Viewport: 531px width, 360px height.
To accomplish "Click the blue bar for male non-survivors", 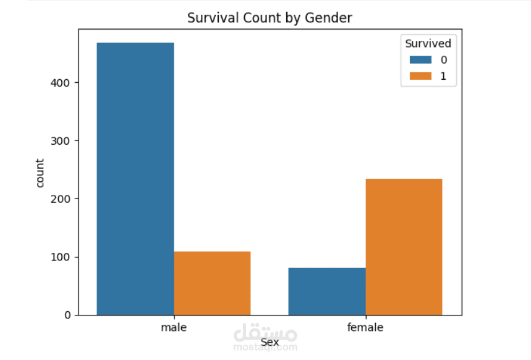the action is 135,179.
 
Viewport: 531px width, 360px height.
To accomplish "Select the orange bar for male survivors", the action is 212,283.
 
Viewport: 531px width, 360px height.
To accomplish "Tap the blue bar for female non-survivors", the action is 327,291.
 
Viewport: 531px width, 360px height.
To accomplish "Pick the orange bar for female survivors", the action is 404,247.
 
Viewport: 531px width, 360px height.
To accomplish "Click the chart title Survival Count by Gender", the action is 270,18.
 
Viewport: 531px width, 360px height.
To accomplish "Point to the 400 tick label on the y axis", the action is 61,83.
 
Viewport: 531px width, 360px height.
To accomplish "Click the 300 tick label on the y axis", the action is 61,140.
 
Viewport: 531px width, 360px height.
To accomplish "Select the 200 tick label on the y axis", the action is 61,199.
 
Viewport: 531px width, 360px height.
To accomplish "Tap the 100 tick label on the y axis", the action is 61,257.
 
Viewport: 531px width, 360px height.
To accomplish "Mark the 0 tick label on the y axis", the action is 67,315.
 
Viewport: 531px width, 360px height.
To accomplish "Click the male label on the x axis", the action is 174,327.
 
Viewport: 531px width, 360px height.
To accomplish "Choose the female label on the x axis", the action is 365,327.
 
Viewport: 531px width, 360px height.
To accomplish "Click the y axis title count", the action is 40,173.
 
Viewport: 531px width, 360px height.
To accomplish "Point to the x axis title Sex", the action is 270,342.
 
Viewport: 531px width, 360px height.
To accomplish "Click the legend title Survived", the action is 428,43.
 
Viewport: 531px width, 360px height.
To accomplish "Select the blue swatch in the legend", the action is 420,59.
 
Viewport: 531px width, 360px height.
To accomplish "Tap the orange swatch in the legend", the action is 420,76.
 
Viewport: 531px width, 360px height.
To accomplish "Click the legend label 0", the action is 444,60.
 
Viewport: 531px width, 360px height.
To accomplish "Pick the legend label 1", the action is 443,76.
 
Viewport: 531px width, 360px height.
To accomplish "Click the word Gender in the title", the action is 328,18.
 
